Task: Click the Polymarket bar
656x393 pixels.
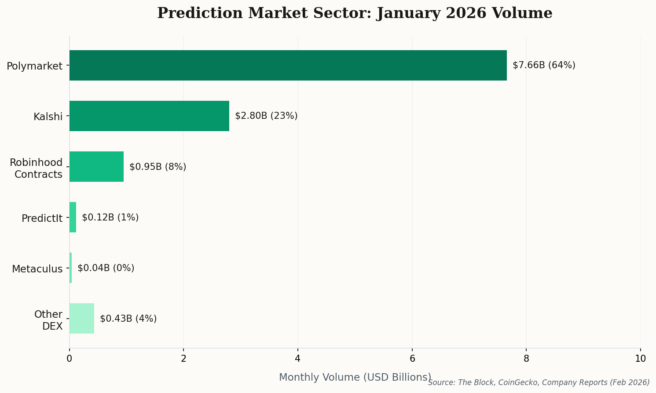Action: [x=288, y=66]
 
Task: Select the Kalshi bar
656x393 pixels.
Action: [x=149, y=116]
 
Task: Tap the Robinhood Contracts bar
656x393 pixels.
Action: [x=96, y=167]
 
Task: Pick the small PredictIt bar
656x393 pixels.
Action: [x=73, y=217]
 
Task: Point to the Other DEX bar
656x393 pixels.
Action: [x=81, y=319]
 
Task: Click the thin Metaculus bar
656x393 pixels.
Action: [x=70, y=268]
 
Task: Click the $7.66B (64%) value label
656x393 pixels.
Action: [x=544, y=66]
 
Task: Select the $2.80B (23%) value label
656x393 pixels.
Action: [x=266, y=116]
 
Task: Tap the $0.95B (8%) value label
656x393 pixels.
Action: [x=158, y=167]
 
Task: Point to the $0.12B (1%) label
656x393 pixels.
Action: [x=110, y=217]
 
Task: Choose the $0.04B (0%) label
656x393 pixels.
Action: [x=106, y=268]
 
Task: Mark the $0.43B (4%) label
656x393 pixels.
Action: [x=128, y=319]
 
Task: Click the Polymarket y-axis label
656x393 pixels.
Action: [x=34, y=66]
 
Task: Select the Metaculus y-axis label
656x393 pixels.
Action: [x=37, y=269]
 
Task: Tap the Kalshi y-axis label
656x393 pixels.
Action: [x=48, y=117]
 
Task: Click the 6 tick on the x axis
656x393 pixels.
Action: [x=412, y=359]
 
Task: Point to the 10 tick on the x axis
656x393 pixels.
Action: [x=640, y=359]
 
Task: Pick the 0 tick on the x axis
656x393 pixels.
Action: [x=70, y=359]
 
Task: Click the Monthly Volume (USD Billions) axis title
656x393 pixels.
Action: [x=355, y=377]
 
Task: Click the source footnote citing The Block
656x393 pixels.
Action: [x=539, y=382]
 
